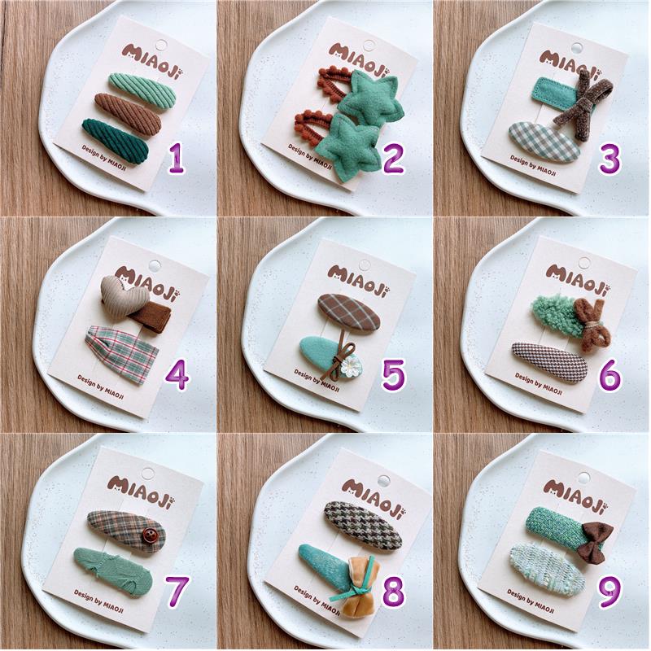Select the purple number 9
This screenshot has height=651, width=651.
pos(609,592)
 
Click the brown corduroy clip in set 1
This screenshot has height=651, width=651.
pos(128,113)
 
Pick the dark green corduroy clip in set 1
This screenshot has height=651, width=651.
pos(116,141)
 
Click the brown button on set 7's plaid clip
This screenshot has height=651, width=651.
pos(149,535)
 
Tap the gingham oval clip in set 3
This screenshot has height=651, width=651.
pos(544,142)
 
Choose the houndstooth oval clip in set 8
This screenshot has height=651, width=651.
pos(363,525)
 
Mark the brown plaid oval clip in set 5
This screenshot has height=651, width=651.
pos(349,312)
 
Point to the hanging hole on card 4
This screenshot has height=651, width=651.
pos(155,265)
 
